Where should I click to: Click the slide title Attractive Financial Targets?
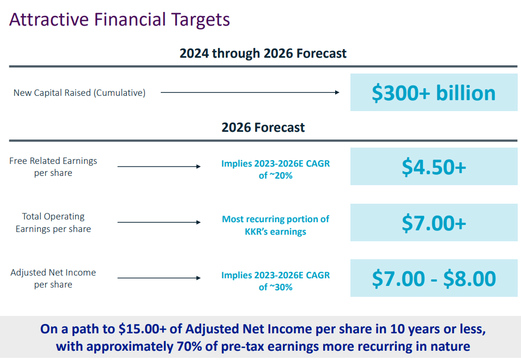(119, 20)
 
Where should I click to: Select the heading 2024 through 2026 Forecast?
(263, 53)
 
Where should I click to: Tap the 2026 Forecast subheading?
(263, 127)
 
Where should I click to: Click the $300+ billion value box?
(433, 93)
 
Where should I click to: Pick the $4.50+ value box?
(433, 167)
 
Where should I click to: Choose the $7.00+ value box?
(433, 222)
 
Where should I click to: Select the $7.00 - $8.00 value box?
(433, 278)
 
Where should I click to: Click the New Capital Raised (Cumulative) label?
(80, 93)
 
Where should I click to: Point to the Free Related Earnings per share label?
(53, 167)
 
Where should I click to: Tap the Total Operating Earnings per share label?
(53, 222)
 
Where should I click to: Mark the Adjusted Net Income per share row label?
(53, 278)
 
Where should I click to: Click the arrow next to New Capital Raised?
(250, 93)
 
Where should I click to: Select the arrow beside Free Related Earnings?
(159, 167)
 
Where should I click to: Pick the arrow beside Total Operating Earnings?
(159, 222)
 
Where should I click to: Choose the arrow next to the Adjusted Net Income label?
(159, 278)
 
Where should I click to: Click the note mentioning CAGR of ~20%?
(275, 169)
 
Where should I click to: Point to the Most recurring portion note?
(275, 225)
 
